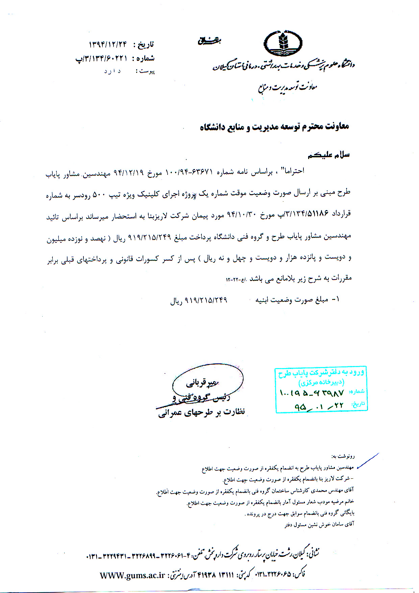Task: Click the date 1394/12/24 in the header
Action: point(107,44)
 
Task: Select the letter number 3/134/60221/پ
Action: point(101,59)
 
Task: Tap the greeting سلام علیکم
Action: point(328,155)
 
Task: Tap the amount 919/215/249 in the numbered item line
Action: point(206,300)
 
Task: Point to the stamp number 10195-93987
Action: point(312,393)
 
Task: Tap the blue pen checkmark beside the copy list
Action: point(367,460)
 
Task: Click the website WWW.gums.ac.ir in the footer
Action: point(132,575)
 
